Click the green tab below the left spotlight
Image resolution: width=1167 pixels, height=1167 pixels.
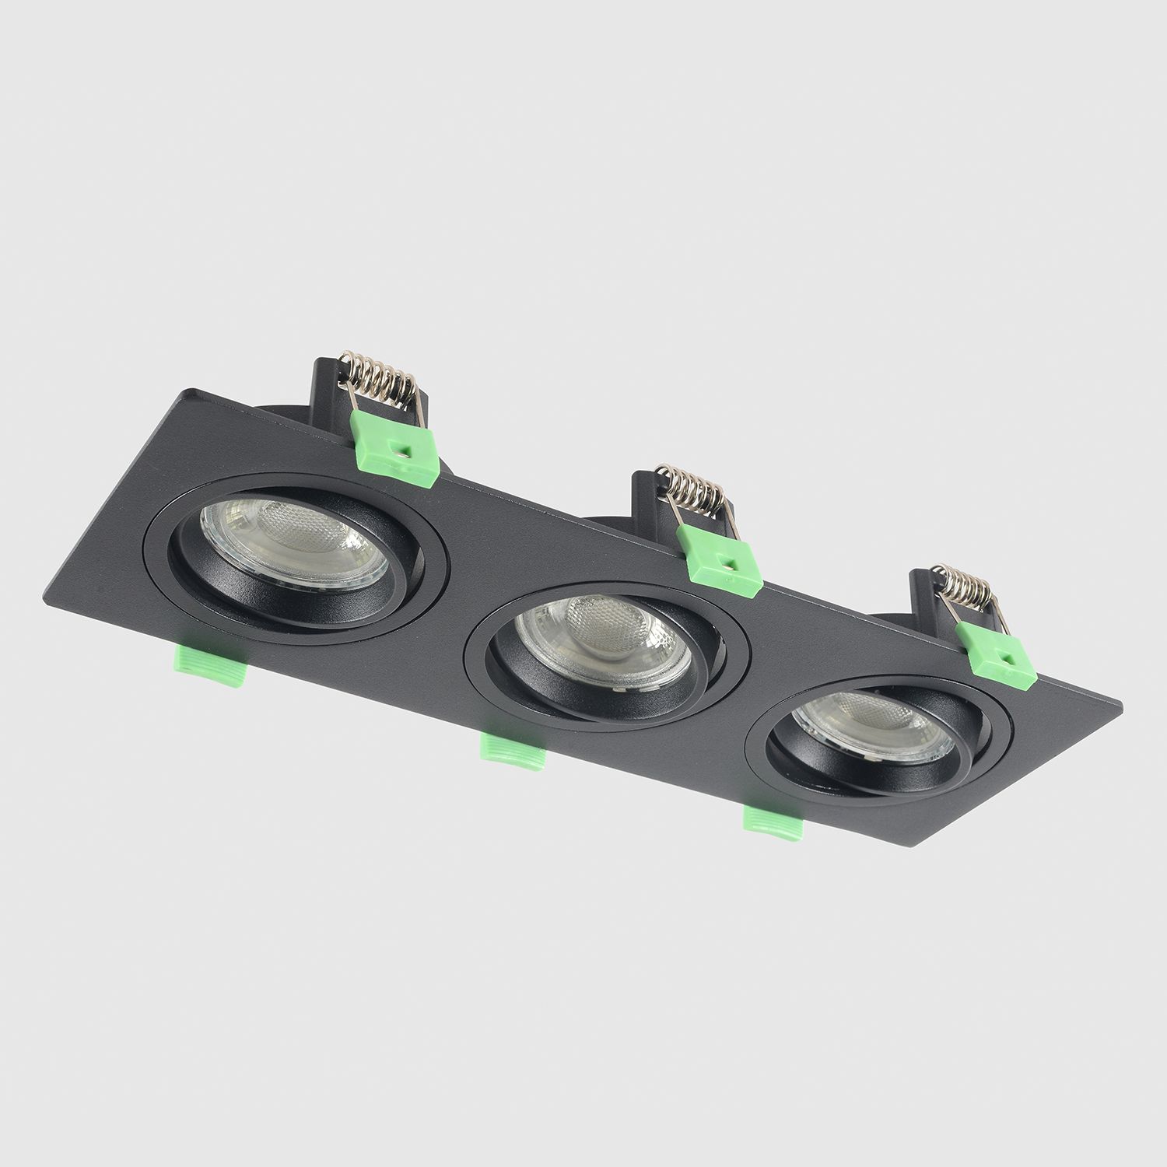click(210, 666)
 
